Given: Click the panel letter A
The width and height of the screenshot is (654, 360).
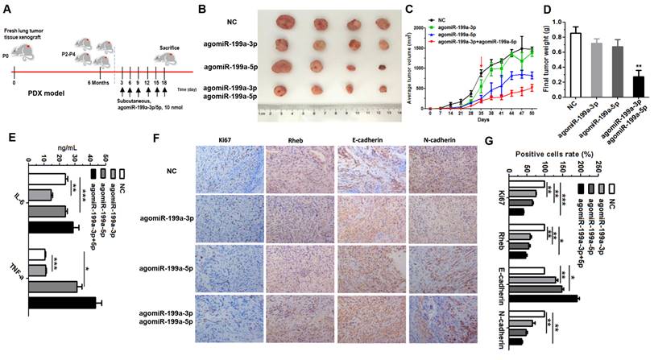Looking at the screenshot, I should click(9, 9).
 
